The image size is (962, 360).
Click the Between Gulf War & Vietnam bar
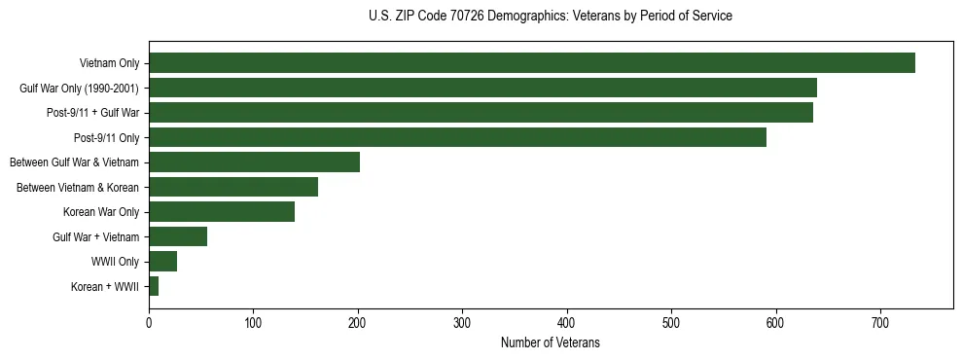click(254, 162)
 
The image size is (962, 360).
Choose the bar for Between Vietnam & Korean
click(233, 187)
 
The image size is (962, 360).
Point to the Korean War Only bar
click(222, 212)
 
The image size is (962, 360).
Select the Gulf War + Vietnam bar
click(178, 236)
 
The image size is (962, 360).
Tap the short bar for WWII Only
click(162, 262)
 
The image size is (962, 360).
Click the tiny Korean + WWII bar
click(154, 286)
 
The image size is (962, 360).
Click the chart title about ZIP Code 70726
click(551, 17)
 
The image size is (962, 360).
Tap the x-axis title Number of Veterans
click(551, 343)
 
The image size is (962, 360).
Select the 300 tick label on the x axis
click(462, 323)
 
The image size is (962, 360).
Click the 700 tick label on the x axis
click(880, 323)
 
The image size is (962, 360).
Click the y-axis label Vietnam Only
click(110, 63)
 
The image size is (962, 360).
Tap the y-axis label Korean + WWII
click(105, 287)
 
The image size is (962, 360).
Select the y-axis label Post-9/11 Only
click(107, 138)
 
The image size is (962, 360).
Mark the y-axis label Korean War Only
click(101, 212)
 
